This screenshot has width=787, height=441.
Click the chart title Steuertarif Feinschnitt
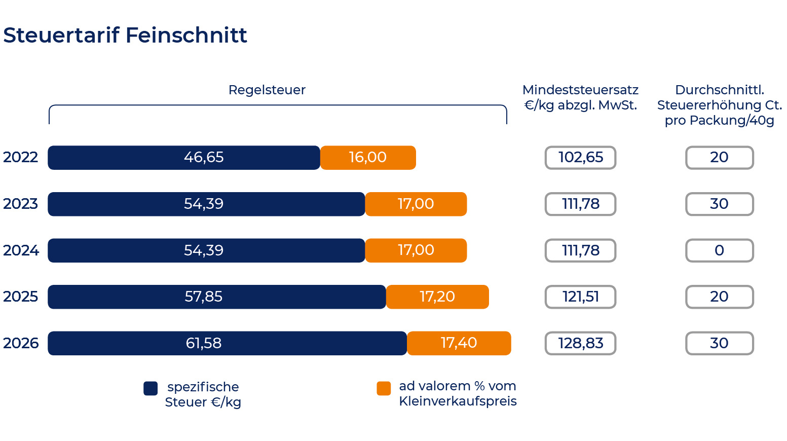pyautogui.click(x=125, y=35)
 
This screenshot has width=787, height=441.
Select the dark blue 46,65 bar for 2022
pyautogui.click(x=184, y=158)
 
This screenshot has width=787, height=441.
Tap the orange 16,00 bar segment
pyautogui.click(x=368, y=158)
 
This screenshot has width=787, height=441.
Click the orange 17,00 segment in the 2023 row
pyautogui.click(x=416, y=204)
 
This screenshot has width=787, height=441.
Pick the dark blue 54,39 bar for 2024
pyautogui.click(x=206, y=250)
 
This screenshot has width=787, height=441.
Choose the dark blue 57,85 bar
pyautogui.click(x=217, y=297)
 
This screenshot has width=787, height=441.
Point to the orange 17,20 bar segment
pyautogui.click(x=437, y=297)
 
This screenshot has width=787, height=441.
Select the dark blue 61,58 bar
pyautogui.click(x=228, y=343)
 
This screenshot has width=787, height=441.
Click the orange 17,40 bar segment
pyautogui.click(x=459, y=343)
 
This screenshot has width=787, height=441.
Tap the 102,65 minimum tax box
pyautogui.click(x=580, y=158)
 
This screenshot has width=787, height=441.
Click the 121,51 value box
pyautogui.click(x=580, y=297)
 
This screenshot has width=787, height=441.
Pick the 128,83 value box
pyautogui.click(x=580, y=343)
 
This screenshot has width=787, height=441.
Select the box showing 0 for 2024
pyautogui.click(x=719, y=250)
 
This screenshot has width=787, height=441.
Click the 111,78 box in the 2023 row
pyautogui.click(x=580, y=204)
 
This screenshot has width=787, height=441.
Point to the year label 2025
pyautogui.click(x=20, y=297)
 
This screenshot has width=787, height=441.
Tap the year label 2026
pyautogui.click(x=21, y=343)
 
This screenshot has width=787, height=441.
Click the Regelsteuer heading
pyautogui.click(x=267, y=90)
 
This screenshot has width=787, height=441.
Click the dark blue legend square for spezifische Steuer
pyautogui.click(x=151, y=388)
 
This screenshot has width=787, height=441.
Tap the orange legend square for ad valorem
pyautogui.click(x=384, y=388)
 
